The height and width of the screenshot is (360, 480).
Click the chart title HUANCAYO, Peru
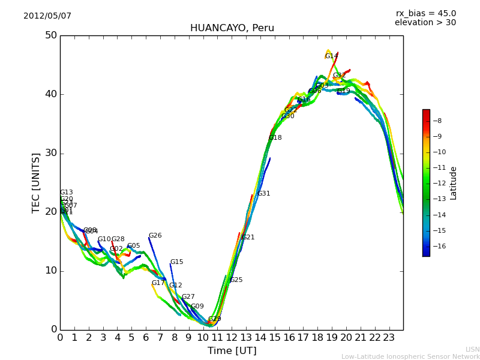pos(232,28)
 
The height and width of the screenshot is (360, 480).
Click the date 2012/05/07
pos(47,16)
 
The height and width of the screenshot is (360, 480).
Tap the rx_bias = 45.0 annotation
pos(425,13)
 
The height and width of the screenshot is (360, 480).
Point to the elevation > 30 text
pos(425,23)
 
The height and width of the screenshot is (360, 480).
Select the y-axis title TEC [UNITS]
pos(36,182)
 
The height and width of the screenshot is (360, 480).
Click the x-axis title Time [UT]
pos(232,350)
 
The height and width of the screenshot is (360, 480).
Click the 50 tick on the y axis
pos(50,35)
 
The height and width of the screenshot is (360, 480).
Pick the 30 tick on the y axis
pos(50,153)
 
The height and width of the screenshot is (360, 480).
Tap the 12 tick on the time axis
pos(232,337)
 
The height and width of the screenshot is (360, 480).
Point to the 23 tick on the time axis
pos(389,337)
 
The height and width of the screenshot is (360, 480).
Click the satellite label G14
pos(331,56)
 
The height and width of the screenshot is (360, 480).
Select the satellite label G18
pos(275,138)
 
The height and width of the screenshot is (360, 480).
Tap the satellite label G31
pos(263,194)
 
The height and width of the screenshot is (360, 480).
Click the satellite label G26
pos(155,236)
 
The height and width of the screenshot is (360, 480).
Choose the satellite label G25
pos(236,280)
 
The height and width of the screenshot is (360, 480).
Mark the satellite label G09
pos(197,307)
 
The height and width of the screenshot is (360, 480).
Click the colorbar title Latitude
pos(454,183)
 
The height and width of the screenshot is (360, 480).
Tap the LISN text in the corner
pos(472,349)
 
